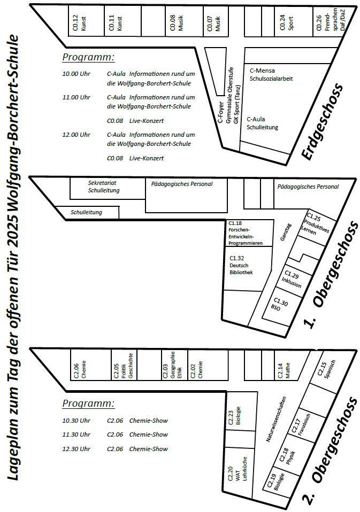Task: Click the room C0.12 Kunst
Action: [x=86, y=21]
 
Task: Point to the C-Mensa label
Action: [x=262, y=71]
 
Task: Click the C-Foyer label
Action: [x=220, y=112]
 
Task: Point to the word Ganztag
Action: [x=286, y=232]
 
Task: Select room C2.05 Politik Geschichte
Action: [x=124, y=364]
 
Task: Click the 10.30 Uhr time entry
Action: [x=76, y=421]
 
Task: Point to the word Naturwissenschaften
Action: [x=276, y=419]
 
